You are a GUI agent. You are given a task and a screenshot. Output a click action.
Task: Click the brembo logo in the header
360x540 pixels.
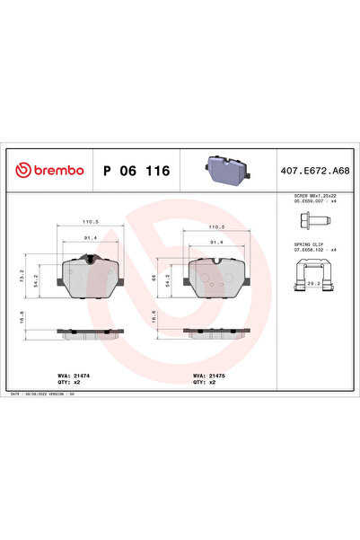(x=49, y=170)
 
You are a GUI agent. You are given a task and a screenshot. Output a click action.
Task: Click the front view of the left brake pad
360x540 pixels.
(x=86, y=277)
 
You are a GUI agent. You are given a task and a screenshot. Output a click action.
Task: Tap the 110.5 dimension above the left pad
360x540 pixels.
(x=91, y=221)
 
